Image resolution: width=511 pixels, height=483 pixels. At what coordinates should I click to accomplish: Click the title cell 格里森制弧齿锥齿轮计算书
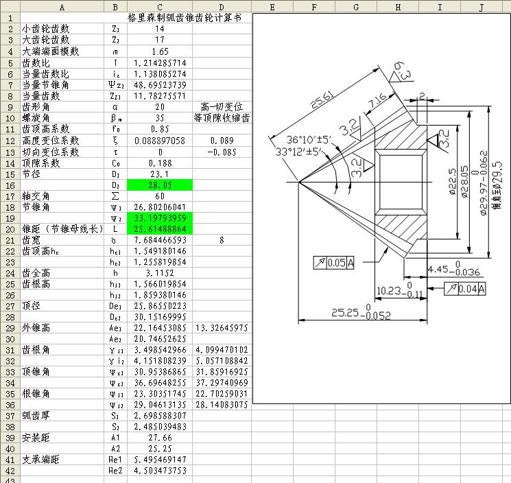click(x=185, y=18)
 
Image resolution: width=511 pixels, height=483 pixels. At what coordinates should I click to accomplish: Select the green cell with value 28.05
click(x=159, y=185)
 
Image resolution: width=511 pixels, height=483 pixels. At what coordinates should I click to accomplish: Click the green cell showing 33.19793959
click(x=159, y=218)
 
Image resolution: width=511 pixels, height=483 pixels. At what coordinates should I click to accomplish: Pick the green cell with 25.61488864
click(x=159, y=229)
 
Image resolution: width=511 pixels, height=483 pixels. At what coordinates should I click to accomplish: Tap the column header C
click(x=159, y=7)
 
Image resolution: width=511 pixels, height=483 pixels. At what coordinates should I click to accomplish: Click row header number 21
click(x=10, y=240)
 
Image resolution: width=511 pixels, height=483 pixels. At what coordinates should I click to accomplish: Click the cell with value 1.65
click(x=159, y=51)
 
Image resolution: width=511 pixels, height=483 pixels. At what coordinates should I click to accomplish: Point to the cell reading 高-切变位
click(x=222, y=107)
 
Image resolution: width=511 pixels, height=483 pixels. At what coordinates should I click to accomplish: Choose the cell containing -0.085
click(x=222, y=152)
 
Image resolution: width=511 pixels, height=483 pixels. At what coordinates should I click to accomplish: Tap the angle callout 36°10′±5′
click(x=309, y=139)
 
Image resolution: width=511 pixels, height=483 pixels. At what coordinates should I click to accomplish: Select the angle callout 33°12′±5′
click(x=299, y=152)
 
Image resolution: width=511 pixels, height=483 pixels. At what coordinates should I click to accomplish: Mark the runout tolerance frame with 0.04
click(x=464, y=289)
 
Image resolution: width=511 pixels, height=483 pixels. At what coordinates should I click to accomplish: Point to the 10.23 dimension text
click(x=390, y=291)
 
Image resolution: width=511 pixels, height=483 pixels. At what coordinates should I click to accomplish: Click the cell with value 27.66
click(x=159, y=437)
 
